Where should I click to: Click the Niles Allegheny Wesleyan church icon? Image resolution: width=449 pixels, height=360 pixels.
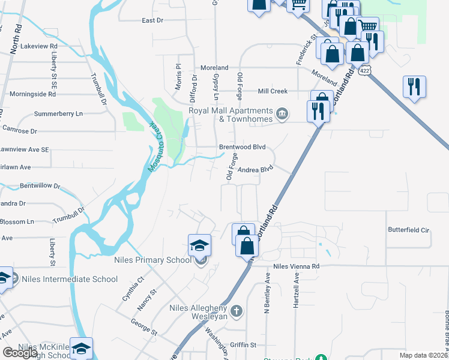point(237,311)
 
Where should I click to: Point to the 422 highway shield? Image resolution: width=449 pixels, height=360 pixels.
point(366,70)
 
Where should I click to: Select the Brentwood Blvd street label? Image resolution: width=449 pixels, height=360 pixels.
point(242,146)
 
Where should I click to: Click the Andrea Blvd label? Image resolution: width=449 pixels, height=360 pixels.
point(255,169)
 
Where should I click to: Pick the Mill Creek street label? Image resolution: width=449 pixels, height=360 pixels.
point(273,91)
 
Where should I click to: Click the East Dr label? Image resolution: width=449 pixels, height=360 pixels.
point(152,20)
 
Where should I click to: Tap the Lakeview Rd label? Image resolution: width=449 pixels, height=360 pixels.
point(38,46)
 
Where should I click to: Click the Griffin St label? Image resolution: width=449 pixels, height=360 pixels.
point(243,345)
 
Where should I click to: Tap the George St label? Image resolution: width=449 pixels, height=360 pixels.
point(145,326)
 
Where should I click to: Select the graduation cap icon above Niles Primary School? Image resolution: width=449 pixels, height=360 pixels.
point(199,245)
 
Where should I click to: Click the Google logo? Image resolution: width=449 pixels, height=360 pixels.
point(20,353)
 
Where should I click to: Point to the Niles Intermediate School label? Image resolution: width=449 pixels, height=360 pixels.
point(70,279)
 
